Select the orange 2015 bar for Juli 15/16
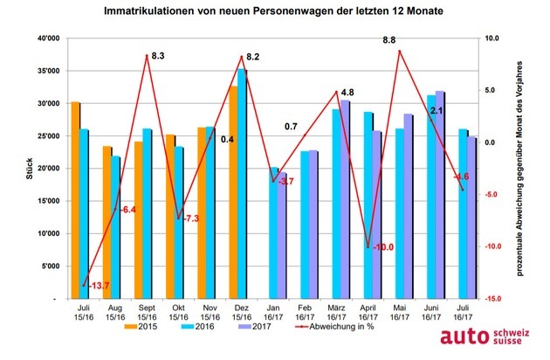(76, 201)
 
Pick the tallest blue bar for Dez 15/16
(243, 183)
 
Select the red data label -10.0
(382, 247)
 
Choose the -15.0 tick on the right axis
(492, 299)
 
